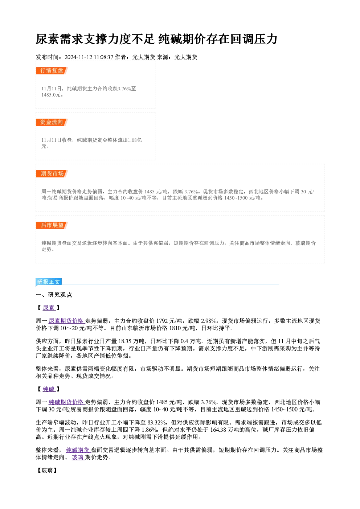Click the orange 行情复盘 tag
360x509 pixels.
pos(52,71)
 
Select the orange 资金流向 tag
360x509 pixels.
pos(52,122)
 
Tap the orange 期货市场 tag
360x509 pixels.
pos(52,174)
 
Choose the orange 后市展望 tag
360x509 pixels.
pos(52,225)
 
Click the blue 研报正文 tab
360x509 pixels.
pos(49,282)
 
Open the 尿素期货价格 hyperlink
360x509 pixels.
pos(66,321)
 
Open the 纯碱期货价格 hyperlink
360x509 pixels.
pos(66,402)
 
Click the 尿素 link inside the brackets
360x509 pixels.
pos(49,308)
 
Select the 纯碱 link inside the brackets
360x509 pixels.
pos(49,389)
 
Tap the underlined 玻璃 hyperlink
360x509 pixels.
pos(78,457)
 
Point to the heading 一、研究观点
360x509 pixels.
pos(54,295)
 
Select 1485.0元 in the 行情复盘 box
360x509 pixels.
pos(51,95)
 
